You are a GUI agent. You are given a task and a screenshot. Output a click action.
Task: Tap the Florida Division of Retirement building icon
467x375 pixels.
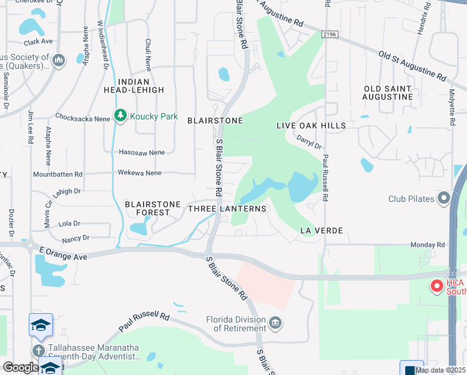pos(275,323)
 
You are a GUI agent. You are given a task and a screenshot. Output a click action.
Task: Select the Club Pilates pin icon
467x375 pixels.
pos(445,199)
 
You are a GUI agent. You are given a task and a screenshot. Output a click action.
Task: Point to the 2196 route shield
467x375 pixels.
pos(331,36)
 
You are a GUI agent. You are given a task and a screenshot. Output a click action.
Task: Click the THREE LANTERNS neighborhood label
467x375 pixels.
pos(227,209)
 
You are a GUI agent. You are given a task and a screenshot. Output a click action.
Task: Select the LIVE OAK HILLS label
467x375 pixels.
pos(311,126)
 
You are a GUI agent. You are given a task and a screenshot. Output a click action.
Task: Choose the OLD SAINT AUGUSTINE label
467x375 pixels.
pos(388,92)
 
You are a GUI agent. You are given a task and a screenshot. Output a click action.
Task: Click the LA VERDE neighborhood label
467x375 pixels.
pos(322,231)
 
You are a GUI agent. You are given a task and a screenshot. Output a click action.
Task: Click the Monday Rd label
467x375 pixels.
pos(427,245)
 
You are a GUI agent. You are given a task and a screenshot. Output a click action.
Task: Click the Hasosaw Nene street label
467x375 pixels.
pos(141,152)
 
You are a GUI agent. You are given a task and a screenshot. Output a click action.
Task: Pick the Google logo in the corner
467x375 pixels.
pos(20,367)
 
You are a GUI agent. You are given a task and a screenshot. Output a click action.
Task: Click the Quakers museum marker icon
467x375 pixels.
pos(59,61)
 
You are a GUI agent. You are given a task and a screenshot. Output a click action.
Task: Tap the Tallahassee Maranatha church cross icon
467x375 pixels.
pos(39,351)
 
